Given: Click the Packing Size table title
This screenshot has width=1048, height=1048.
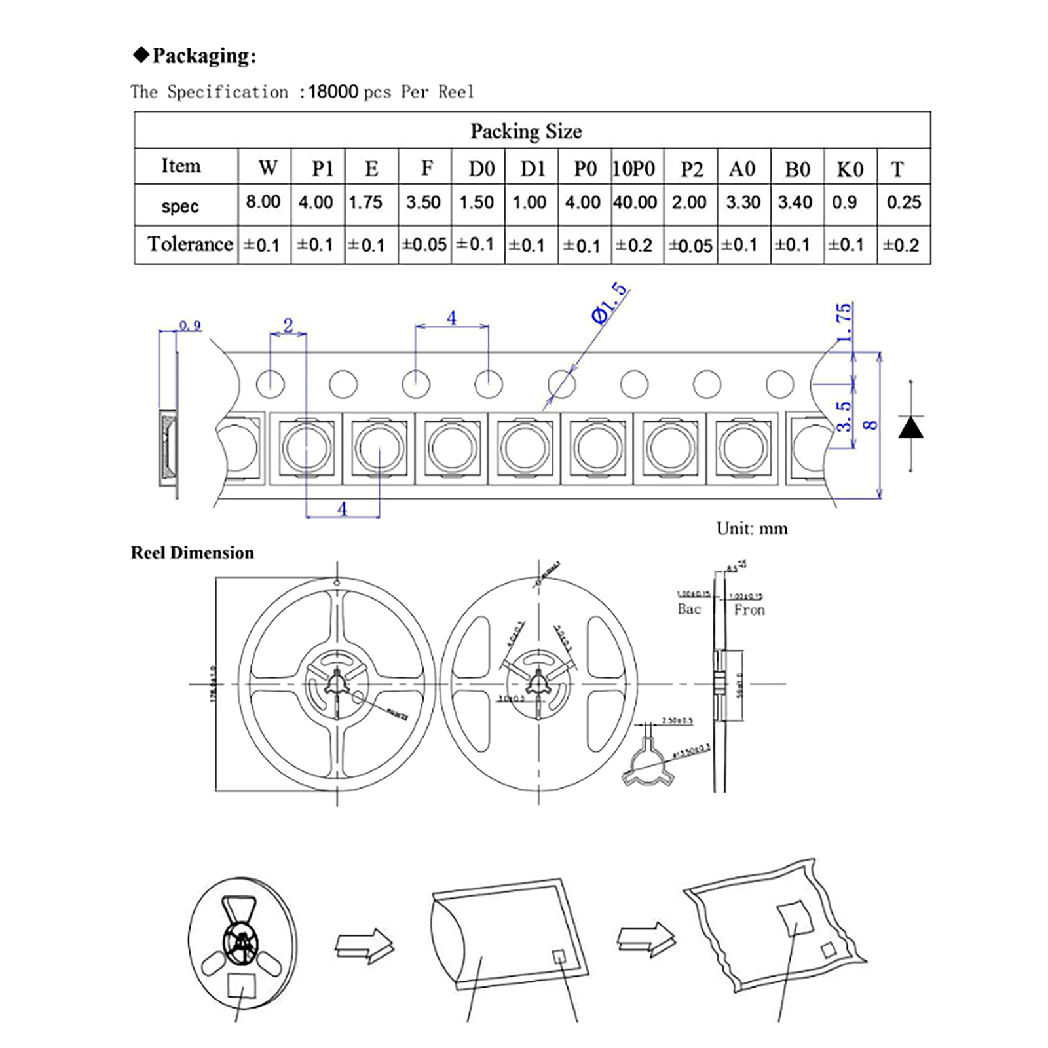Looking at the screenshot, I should pos(526,131).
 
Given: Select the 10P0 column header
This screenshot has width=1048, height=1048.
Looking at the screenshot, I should pos(633,169).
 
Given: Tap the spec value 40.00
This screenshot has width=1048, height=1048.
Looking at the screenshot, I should pos(635,202).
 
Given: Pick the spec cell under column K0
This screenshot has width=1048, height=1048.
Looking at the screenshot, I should pos(844,202).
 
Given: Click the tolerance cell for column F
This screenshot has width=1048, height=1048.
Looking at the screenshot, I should pos(424,245).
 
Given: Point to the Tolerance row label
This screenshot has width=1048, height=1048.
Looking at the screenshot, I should pos(190,244).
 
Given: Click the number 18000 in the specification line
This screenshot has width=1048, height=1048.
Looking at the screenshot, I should pos(333,92).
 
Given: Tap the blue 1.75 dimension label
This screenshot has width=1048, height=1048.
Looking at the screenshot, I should pos(844,322).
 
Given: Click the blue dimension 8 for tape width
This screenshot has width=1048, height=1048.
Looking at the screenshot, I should pos(870,424).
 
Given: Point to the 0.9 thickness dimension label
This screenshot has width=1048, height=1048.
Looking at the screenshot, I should pos(190,326).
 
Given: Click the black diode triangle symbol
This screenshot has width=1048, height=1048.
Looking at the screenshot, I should pos(910,428).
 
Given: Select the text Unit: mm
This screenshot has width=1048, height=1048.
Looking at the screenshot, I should pos(752,529).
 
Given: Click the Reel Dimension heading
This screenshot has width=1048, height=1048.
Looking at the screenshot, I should pos(193,553).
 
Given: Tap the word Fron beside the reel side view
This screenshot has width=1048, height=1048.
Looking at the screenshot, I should pos(749,610).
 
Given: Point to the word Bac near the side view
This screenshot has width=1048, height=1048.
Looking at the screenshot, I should pos(689,609).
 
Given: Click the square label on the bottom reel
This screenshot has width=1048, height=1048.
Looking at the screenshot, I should pos(241,985).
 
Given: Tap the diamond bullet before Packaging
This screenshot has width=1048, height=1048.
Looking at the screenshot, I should pos(141,54).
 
